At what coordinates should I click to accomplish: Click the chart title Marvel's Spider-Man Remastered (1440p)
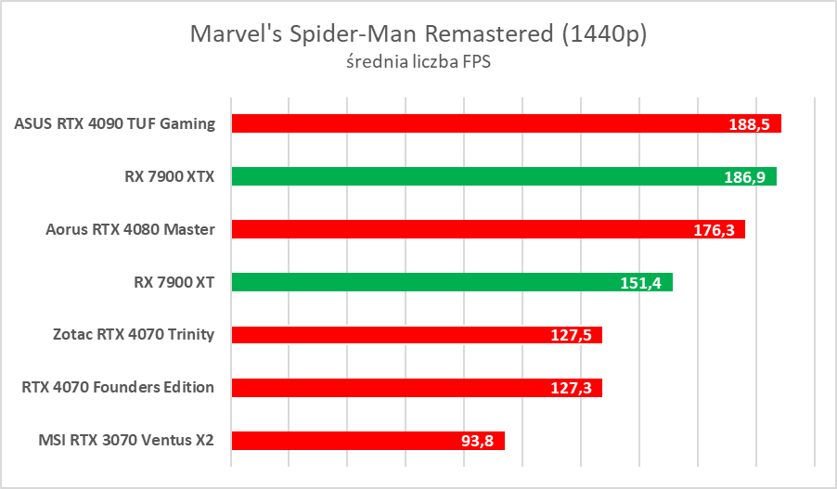tap(418, 34)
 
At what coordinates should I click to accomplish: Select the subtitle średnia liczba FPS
tap(418, 63)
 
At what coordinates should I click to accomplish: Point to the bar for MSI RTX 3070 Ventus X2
tap(353, 441)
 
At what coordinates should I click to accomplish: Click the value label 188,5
tap(749, 124)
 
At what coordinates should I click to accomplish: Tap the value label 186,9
tap(744, 177)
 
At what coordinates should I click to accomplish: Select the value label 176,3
tap(713, 230)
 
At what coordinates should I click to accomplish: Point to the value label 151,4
tap(640, 283)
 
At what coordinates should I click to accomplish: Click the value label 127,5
tap(570, 336)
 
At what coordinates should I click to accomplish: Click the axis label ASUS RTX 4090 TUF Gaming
tap(115, 123)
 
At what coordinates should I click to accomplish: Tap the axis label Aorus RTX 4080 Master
tap(130, 229)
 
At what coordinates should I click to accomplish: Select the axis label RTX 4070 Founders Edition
tap(118, 388)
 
